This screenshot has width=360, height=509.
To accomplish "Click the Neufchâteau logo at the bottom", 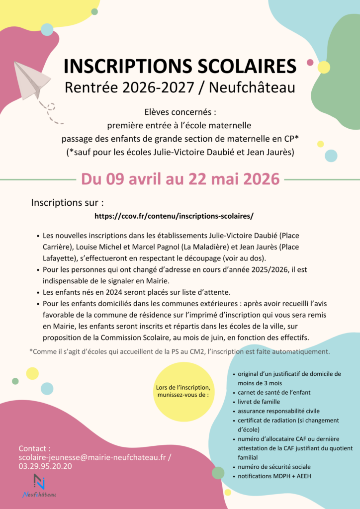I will [x=39, y=485].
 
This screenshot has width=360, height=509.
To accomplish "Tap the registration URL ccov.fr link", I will [x=174, y=216].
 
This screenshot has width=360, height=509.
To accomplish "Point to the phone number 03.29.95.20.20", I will [x=45, y=466].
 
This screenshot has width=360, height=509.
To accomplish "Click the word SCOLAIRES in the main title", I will [x=246, y=66].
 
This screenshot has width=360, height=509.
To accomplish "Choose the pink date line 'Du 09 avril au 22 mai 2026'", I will [x=180, y=179].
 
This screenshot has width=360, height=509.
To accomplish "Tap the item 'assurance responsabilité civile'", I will [x=278, y=411].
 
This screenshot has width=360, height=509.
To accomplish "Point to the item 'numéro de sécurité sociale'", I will [x=274, y=467].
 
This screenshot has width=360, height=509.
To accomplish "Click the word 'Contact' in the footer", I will [x=34, y=448].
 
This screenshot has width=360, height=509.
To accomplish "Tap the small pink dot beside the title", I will [x=310, y=63].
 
